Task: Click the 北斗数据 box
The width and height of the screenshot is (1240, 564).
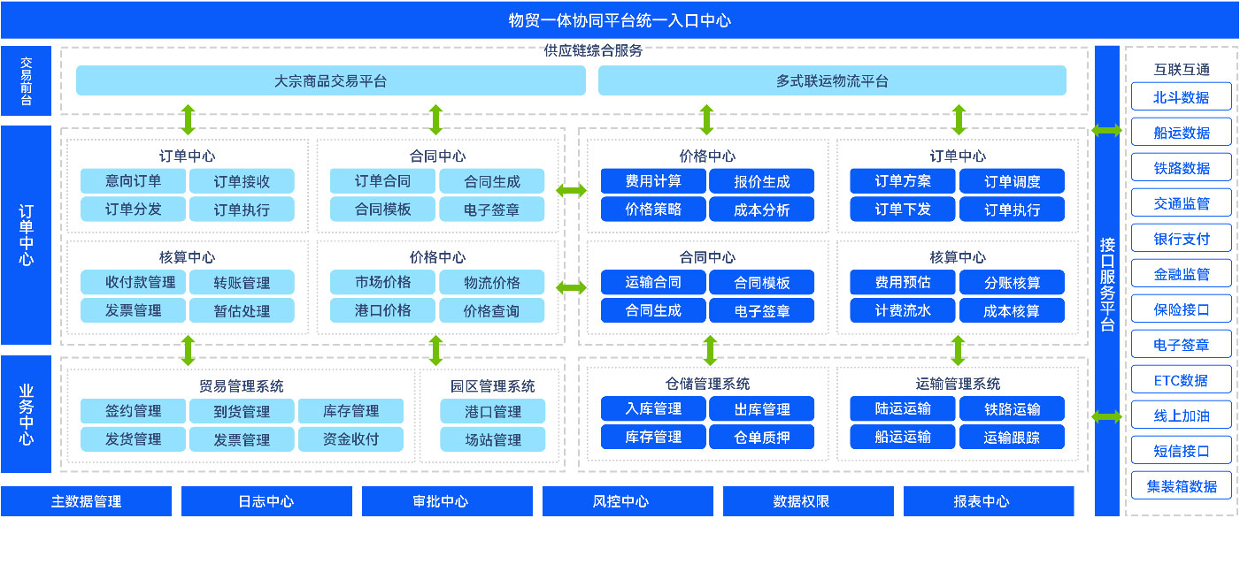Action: [x=1182, y=97]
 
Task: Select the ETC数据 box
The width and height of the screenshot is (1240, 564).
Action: [x=1182, y=380]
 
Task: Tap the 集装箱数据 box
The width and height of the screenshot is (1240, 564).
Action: [x=1182, y=486]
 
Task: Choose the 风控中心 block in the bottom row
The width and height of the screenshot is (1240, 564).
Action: [x=628, y=501]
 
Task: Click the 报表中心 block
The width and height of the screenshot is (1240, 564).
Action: [x=989, y=501]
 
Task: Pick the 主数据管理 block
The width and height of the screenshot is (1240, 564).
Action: [x=87, y=501]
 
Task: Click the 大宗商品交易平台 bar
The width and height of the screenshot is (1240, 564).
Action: [x=331, y=80]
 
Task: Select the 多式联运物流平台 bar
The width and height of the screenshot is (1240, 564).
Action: [x=832, y=80]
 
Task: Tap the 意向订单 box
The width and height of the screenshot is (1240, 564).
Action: [x=133, y=181]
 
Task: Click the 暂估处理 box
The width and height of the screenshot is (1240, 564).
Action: [x=242, y=310]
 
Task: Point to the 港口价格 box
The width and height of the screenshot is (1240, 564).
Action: [x=382, y=310]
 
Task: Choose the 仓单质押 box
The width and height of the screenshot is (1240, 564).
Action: [x=762, y=437]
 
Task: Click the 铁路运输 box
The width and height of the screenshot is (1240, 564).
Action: [x=1012, y=408]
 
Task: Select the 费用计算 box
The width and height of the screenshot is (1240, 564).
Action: [x=653, y=181]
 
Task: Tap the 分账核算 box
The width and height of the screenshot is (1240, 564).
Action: [x=1012, y=282]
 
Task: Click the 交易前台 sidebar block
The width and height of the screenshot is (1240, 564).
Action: [x=26, y=80]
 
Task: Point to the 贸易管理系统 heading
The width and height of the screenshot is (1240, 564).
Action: [x=242, y=386]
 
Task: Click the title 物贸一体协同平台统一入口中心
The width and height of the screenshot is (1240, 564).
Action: [x=620, y=20]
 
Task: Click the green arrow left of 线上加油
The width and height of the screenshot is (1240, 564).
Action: [x=1106, y=417]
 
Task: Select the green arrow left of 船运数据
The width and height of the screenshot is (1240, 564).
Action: [x=1106, y=131]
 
